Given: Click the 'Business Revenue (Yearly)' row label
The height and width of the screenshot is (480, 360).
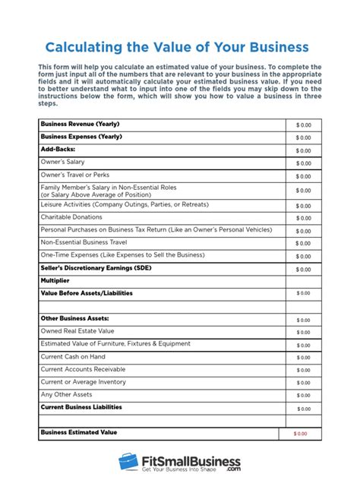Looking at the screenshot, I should [x=80, y=124].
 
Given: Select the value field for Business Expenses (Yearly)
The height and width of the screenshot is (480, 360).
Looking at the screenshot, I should [x=303, y=137].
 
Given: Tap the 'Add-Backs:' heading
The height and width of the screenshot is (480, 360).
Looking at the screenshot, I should [x=58, y=150].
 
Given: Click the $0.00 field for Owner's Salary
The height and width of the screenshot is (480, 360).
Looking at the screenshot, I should [x=303, y=163].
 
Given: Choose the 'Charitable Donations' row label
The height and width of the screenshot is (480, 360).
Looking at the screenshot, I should [x=72, y=216].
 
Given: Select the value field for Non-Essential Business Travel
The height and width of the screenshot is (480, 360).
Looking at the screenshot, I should [x=303, y=243].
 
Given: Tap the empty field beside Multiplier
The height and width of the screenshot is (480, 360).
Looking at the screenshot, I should [x=303, y=281].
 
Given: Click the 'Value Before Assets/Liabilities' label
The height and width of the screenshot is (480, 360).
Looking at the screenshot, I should [x=90, y=292].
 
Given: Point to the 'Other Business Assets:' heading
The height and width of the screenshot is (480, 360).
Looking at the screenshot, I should [x=74, y=318].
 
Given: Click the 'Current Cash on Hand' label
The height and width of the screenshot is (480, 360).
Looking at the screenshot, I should [x=72, y=357].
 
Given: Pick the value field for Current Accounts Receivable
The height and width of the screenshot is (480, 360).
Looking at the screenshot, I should [x=303, y=370].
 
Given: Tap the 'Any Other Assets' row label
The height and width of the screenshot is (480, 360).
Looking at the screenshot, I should [x=66, y=394].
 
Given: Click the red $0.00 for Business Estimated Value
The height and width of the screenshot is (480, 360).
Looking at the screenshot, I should [x=301, y=434].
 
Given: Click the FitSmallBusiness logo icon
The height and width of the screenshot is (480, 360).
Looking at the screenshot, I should [x=127, y=463].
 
